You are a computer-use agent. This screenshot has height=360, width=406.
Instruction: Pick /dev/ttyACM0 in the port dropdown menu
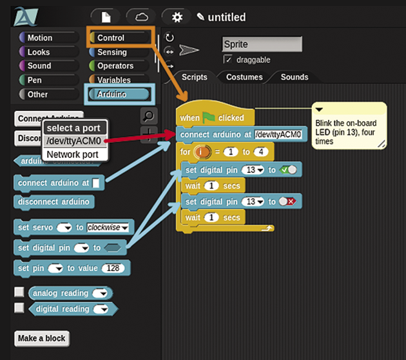pos(73,141)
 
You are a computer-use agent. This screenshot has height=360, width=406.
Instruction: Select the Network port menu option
pos(72,154)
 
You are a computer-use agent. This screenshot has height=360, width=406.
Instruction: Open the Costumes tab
pos(244,77)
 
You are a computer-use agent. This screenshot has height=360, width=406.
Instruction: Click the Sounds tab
pos(295,77)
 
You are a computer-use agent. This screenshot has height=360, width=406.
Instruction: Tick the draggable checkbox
pos(227,59)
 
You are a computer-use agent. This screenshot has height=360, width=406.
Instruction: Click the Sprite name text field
pos(261,45)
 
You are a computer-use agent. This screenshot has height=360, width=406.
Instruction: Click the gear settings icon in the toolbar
pos(177,17)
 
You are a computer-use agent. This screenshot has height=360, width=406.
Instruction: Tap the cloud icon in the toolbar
pos(141,17)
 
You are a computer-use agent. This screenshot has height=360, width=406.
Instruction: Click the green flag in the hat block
pos(209,118)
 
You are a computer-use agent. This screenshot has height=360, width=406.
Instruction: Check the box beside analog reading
pos(19,292)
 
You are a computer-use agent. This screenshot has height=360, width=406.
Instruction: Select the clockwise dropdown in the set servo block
pos(108,227)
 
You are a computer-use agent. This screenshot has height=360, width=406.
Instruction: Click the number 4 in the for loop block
pos(260,152)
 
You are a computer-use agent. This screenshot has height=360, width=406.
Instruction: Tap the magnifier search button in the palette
pos(148,116)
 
